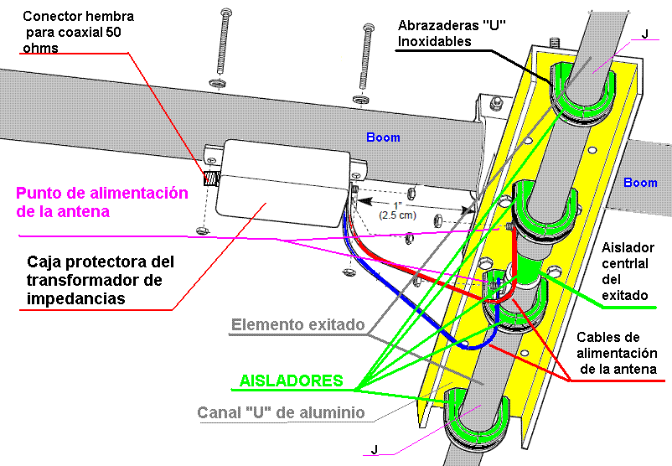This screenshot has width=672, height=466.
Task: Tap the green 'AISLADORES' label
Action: [x=291, y=381]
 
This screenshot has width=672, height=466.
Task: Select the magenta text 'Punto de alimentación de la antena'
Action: [x=101, y=202]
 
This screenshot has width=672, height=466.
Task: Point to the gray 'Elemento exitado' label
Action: [x=297, y=324]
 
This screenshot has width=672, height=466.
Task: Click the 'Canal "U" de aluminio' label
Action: [x=280, y=412]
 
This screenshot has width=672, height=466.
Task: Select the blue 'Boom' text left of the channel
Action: [x=383, y=137]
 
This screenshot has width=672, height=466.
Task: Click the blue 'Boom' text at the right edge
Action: [x=641, y=183]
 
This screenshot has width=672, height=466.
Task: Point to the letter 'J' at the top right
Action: [x=644, y=34]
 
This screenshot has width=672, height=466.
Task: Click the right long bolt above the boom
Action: [x=368, y=59]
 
